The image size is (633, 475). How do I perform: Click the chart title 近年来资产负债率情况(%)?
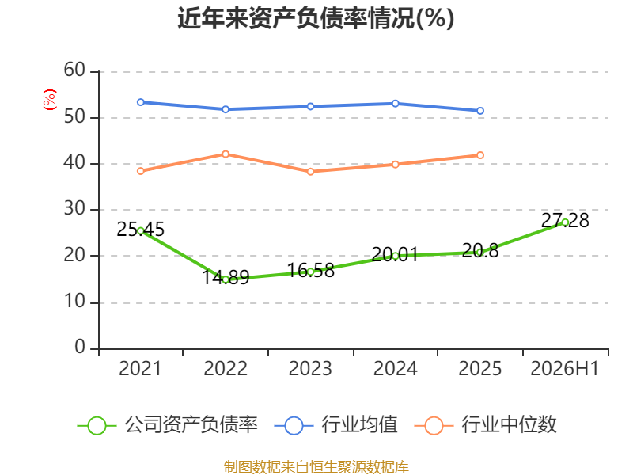pyautogui.click(x=316, y=18)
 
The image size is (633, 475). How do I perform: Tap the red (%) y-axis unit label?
pyautogui.click(x=50, y=100)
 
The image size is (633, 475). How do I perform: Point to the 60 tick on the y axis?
pyautogui.click(x=74, y=70)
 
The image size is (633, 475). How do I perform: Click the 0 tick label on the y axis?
pyautogui.click(x=80, y=347)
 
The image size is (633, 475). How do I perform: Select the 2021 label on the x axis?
pyautogui.click(x=140, y=368)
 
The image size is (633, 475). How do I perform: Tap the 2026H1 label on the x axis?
pyautogui.click(x=564, y=368)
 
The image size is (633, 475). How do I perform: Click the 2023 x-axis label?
pyautogui.click(x=310, y=368)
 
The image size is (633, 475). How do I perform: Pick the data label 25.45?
pyautogui.click(x=141, y=230)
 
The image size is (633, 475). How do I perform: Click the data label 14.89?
pyautogui.click(x=226, y=277)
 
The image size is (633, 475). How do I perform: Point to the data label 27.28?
pyautogui.click(x=565, y=221)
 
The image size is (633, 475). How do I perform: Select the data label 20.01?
pyautogui.click(x=395, y=254)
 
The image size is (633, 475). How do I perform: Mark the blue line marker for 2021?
pyautogui.click(x=141, y=102)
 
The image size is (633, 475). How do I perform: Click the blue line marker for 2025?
pyautogui.click(x=480, y=111)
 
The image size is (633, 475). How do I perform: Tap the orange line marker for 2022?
pyautogui.click(x=226, y=154)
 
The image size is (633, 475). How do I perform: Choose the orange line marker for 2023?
pyautogui.click(x=310, y=172)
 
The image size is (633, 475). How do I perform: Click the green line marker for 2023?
pyautogui.click(x=310, y=272)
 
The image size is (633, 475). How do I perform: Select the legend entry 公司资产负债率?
pyautogui.click(x=167, y=425)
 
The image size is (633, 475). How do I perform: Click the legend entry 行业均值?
pyautogui.click(x=335, y=425)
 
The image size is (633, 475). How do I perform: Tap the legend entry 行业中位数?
pyautogui.click(x=485, y=425)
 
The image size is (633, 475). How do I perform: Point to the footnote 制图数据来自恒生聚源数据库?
pyautogui.click(x=316, y=466)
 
